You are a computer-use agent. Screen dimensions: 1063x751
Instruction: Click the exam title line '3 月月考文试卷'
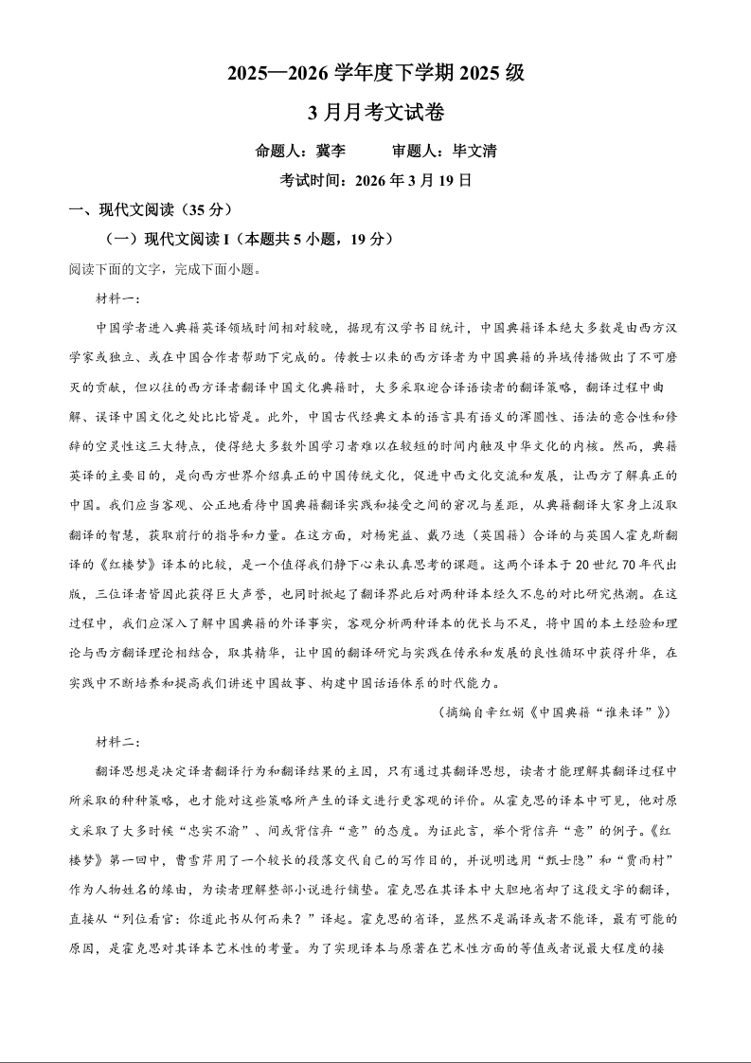[x=376, y=113]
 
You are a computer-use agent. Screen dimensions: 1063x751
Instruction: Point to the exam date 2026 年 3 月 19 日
[x=415, y=180]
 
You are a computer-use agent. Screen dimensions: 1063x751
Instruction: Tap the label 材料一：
[x=117, y=298]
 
